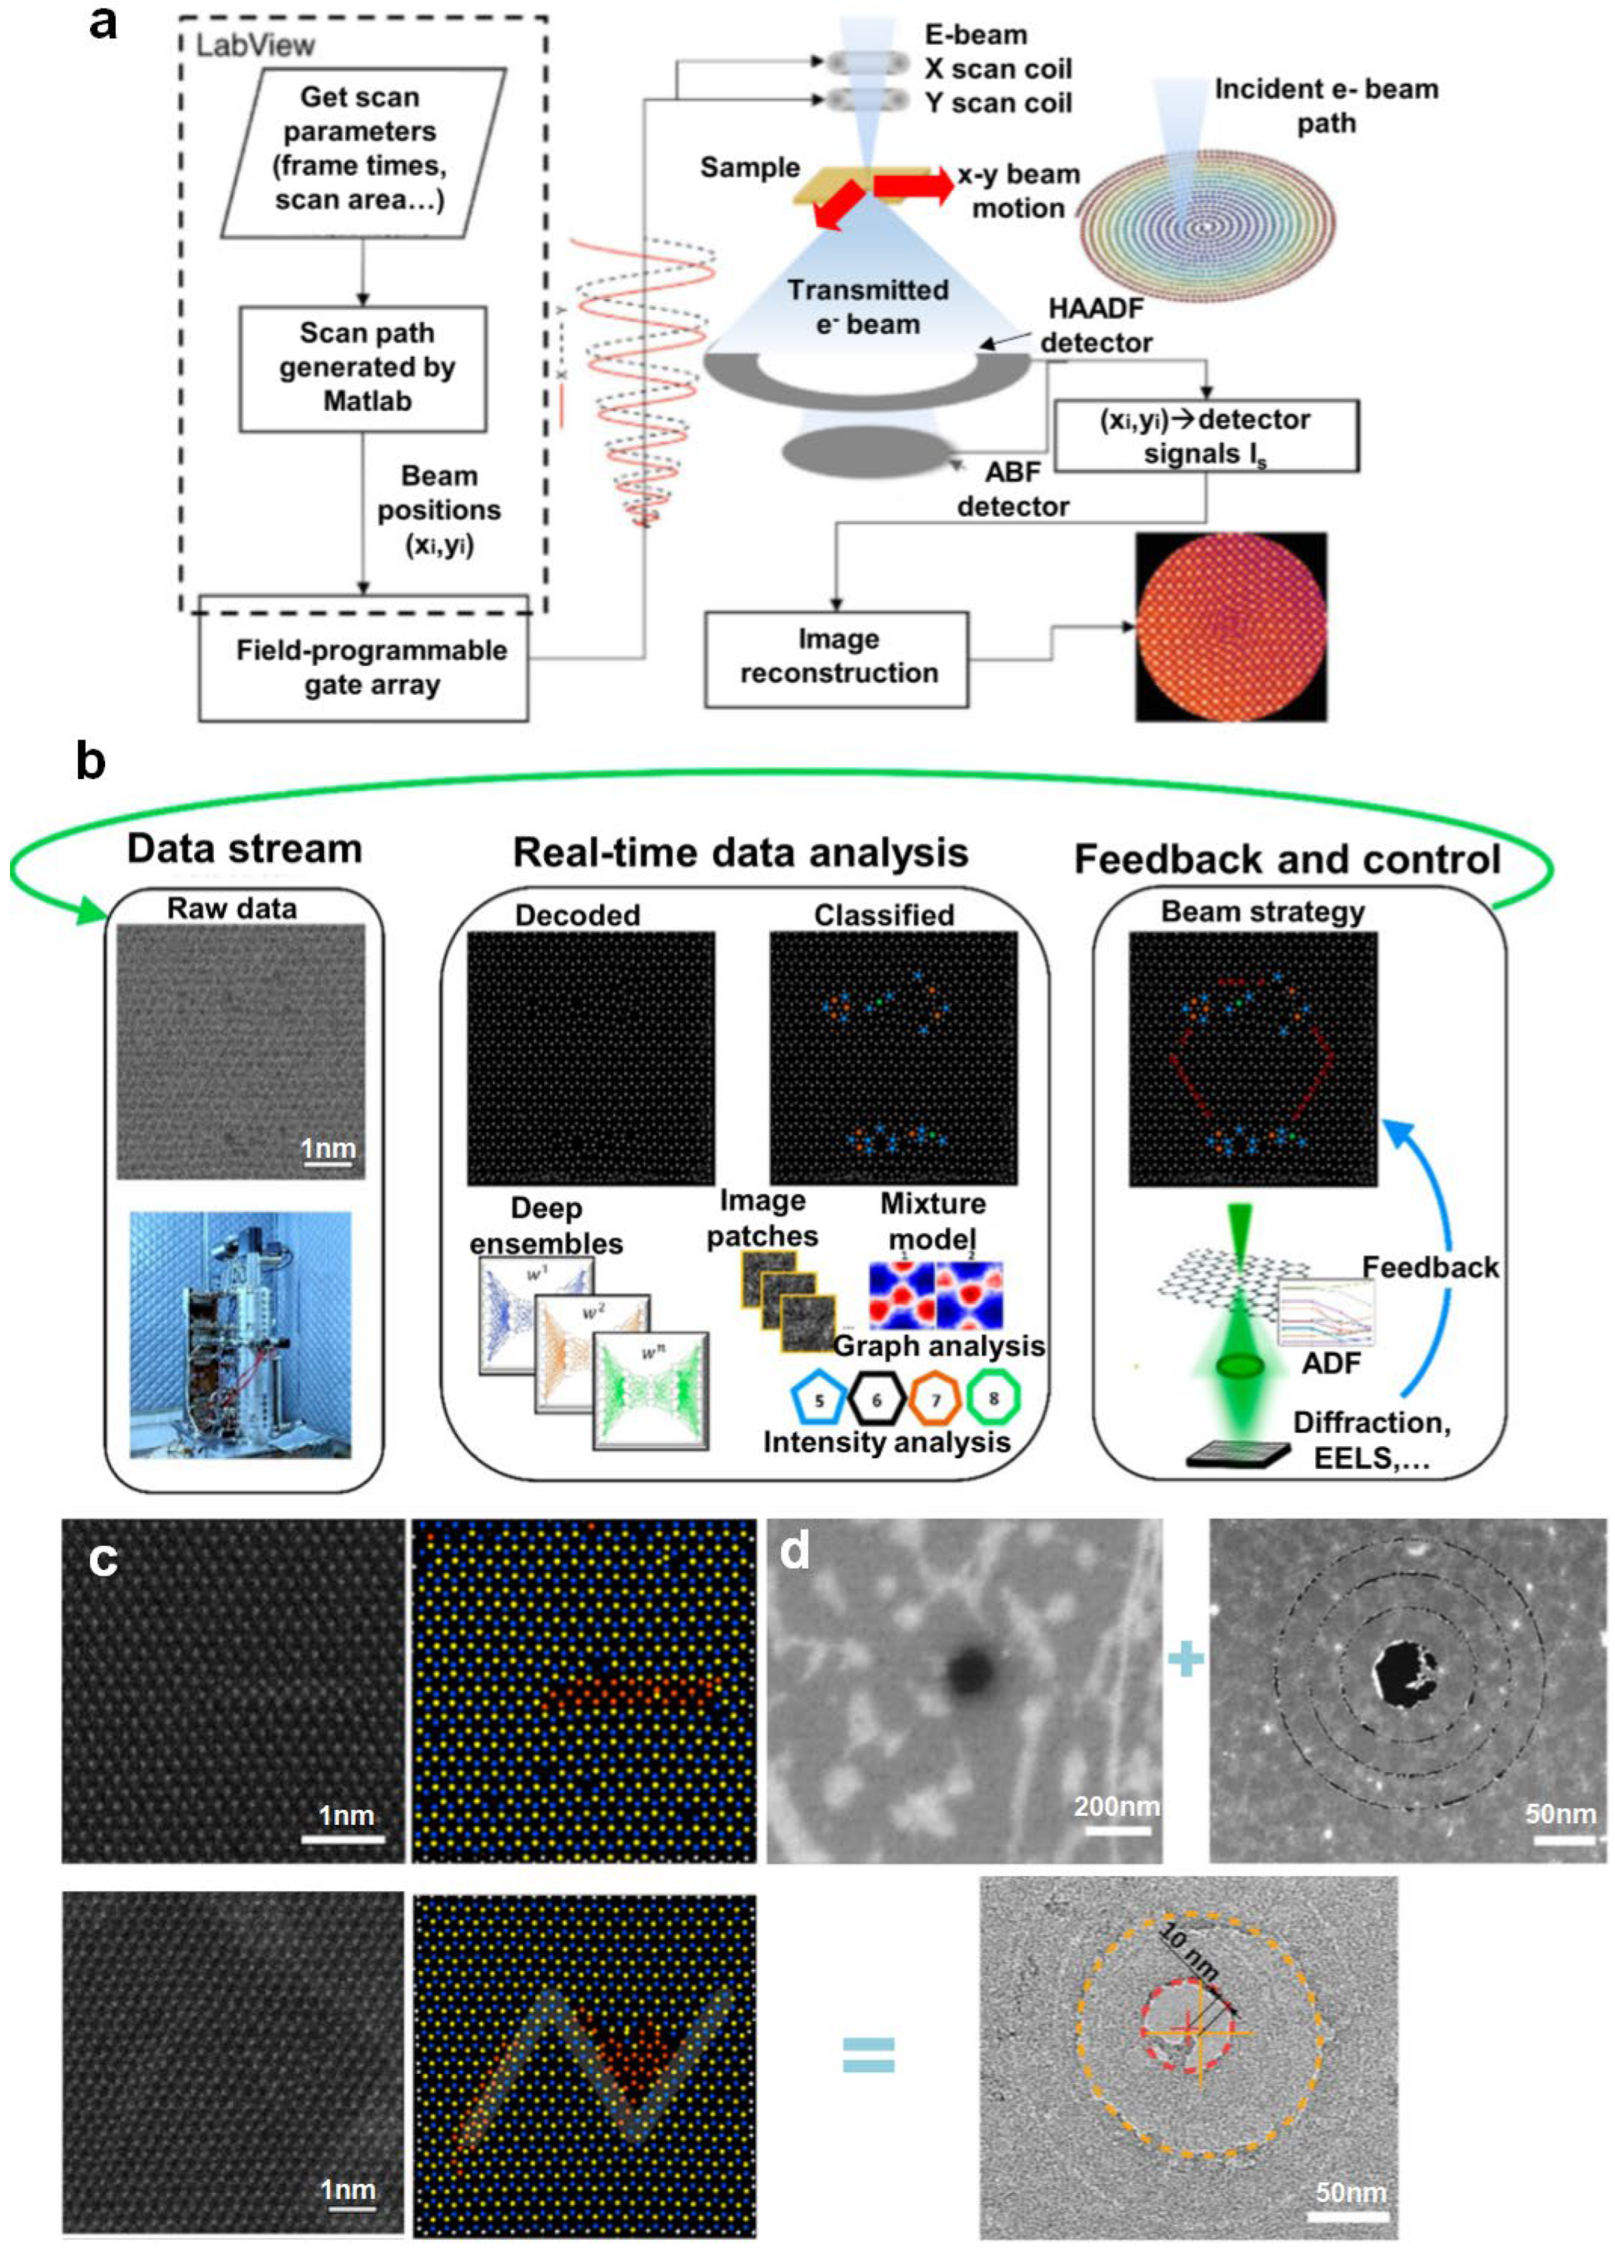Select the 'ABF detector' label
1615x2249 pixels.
click(x=1012, y=490)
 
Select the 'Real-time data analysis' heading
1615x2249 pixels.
click(x=740, y=853)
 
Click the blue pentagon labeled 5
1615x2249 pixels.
click(x=819, y=1399)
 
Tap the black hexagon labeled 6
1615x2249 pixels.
click(x=877, y=1399)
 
